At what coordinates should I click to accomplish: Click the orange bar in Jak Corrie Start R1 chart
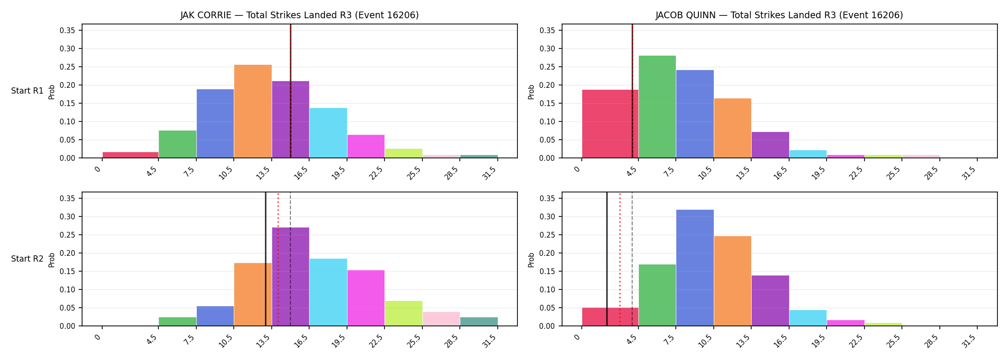tap(253, 111)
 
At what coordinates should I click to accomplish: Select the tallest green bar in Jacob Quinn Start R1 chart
tap(657, 107)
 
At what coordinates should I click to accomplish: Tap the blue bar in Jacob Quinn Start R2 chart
tap(695, 268)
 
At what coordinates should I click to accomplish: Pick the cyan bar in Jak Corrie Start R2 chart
tap(328, 292)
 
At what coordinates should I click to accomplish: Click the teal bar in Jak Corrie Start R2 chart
tap(479, 322)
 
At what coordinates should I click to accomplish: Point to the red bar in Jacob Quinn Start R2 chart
tap(610, 317)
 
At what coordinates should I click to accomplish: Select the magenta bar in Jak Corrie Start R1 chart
tap(366, 146)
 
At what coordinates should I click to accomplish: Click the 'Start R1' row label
tap(27, 91)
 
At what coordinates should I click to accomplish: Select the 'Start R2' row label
tap(27, 259)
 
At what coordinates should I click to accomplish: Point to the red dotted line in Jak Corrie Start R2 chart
tap(278, 259)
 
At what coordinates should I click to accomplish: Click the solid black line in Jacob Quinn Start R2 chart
tap(607, 259)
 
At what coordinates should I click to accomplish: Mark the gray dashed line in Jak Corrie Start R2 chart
tap(290, 259)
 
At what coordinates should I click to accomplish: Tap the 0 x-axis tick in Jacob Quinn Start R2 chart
tap(578, 337)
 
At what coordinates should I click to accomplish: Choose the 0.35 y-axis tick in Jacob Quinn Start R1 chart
tap(548, 30)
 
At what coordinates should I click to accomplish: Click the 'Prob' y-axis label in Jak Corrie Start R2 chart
tap(52, 260)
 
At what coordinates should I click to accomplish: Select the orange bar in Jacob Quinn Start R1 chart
tap(732, 128)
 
